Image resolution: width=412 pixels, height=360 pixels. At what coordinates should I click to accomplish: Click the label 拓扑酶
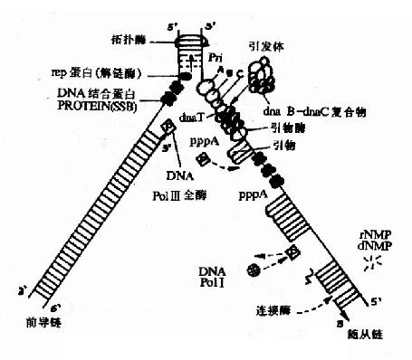coord(145,40)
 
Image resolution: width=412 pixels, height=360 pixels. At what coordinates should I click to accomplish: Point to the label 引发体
coord(262,43)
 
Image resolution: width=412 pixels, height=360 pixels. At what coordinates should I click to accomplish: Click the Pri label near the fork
coord(214,56)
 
